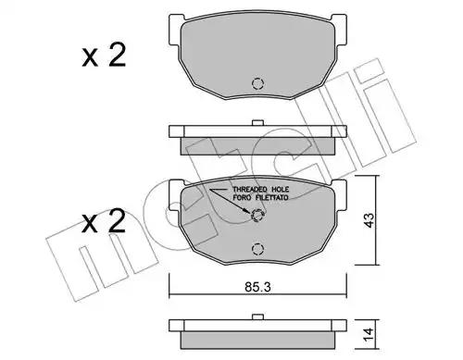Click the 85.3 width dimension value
pos(257,287)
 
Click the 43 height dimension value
pos(369,220)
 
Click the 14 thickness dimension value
pos(369,335)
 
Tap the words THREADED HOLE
pos(261,190)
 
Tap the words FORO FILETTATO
pos(261,197)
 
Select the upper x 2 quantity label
pos(104,56)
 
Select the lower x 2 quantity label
pos(104,221)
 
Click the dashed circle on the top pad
pos(257,83)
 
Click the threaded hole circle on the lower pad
pos(257,215)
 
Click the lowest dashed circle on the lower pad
pos(257,249)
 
